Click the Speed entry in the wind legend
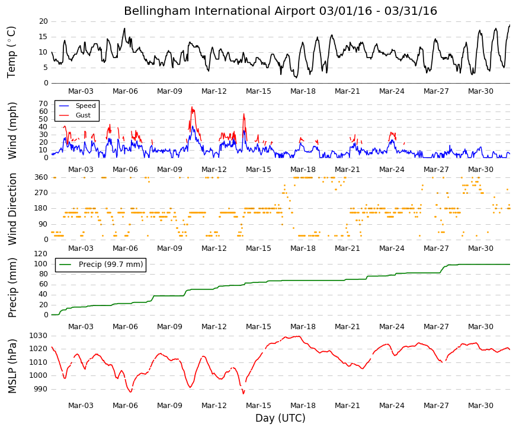85,106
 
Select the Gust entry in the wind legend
83,115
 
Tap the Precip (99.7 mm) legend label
111,265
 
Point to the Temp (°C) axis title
11,52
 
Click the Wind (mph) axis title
12,131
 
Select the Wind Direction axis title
12,209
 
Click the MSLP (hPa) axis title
12,366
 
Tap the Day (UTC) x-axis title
280,418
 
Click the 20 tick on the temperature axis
43,21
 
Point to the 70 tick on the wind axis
43,104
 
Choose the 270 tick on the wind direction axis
41,193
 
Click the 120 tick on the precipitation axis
41,254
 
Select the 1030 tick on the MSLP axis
39,336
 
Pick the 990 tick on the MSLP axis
41,389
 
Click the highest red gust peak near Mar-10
192,107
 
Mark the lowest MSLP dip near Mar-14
243,393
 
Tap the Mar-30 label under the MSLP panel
480,406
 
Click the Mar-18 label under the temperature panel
303,91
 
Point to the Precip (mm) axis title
12,288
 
